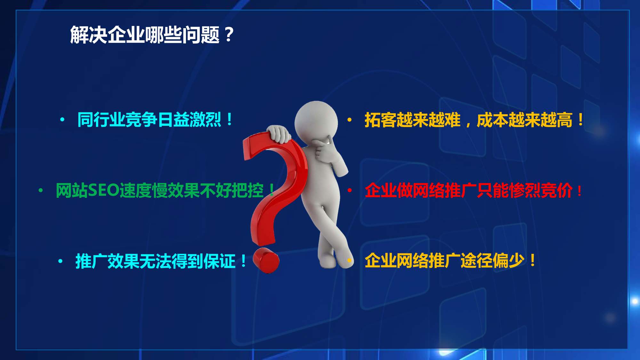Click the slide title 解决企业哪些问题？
point(152,35)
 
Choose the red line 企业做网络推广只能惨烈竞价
point(473,190)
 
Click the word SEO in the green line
point(103,190)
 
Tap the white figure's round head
point(316,123)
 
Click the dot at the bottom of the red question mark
point(266,260)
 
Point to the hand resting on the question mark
point(279,134)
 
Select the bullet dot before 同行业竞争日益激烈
point(62,120)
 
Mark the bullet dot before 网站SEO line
point(41,190)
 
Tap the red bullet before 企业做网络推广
point(350,190)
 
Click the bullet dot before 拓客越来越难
point(350,120)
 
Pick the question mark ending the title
point(229,35)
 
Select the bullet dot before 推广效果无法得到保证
point(60,261)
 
